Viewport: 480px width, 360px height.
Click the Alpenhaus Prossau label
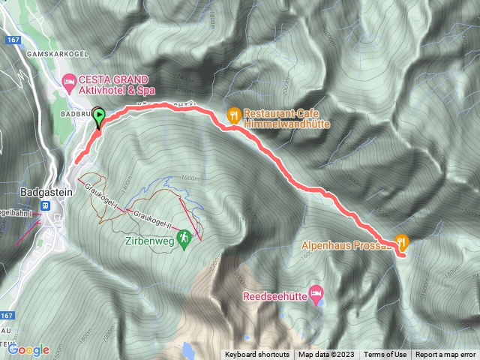pos(344,244)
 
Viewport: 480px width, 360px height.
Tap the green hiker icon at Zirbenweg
pos(183,238)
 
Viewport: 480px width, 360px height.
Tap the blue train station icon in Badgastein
pos(46,205)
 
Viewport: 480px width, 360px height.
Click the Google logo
pos(28,349)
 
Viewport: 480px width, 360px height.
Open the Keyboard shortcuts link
pos(257,355)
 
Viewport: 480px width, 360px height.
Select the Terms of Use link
pos(385,355)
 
